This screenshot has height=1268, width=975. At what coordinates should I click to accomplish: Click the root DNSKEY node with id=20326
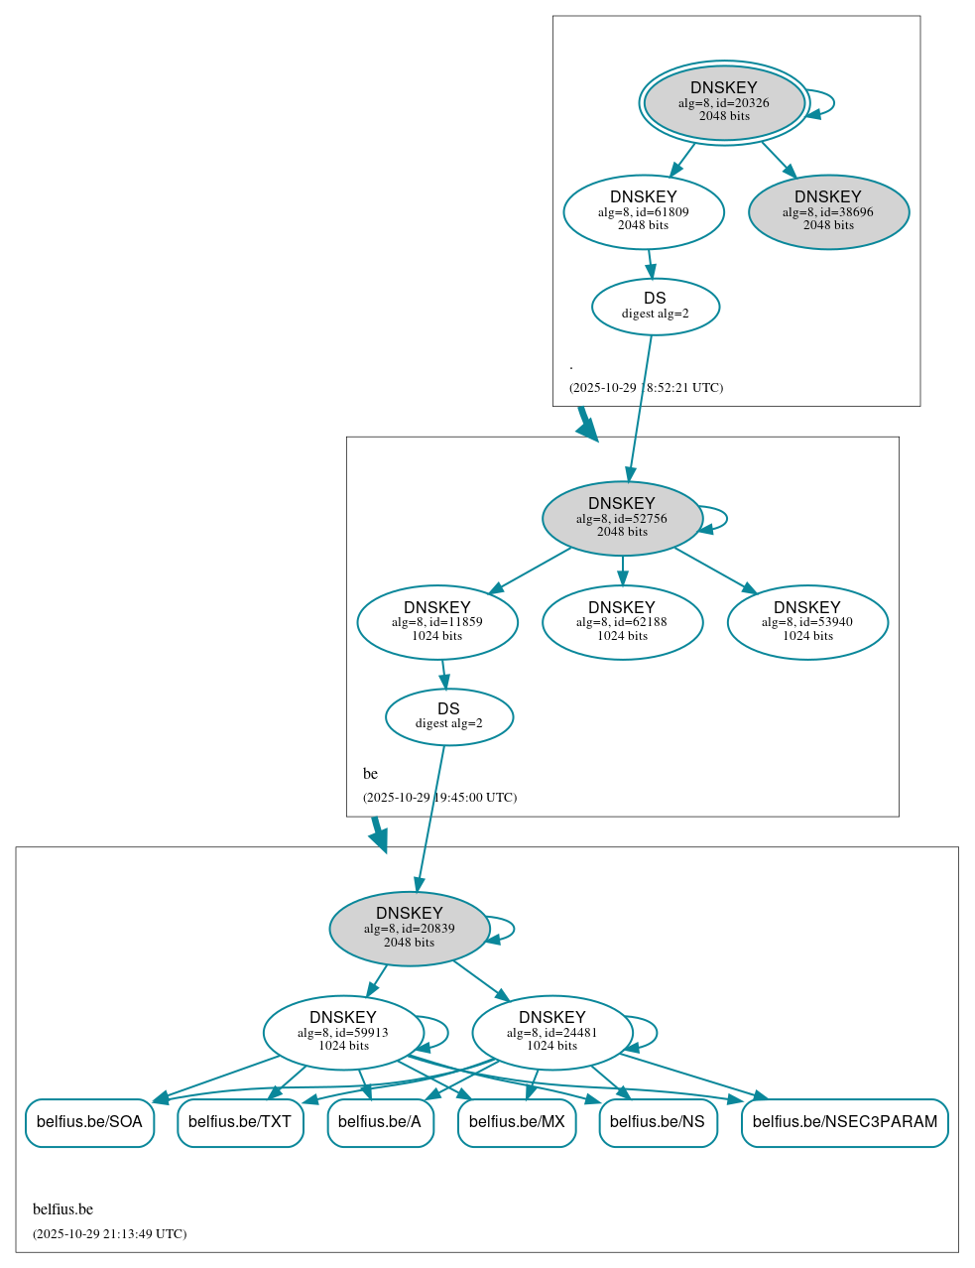point(724,102)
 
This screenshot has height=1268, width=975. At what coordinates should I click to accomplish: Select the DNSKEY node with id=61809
point(644,211)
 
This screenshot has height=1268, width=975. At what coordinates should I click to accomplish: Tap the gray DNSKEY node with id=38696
point(828,211)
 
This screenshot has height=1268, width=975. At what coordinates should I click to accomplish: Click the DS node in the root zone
point(655,307)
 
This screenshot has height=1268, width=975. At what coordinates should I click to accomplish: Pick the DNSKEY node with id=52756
point(622,518)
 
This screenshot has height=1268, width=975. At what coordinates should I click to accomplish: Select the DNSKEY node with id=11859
point(437,622)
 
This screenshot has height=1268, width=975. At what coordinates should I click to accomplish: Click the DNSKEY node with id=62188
point(622,622)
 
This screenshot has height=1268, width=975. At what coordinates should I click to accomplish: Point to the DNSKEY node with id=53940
point(807,622)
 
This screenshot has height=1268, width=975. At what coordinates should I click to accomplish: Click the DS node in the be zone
point(448,716)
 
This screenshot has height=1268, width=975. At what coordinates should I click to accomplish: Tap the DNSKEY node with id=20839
point(409,929)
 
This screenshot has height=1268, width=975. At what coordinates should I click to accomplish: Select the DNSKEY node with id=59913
point(343,1033)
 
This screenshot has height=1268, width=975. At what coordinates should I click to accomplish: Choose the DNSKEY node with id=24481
point(551,1033)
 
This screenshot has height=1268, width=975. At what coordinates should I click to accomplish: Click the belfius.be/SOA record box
point(89,1122)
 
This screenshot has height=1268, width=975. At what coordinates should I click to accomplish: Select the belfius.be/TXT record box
point(240,1122)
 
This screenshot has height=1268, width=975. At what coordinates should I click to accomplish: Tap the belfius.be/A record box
point(380,1122)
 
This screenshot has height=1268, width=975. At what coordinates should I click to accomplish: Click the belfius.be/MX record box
point(517,1122)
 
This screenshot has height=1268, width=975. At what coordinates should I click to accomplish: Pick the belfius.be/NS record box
point(658,1122)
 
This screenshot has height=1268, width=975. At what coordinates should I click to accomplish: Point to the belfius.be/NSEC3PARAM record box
point(844,1122)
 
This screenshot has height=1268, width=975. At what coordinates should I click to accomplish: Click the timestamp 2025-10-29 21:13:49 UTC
point(109,1234)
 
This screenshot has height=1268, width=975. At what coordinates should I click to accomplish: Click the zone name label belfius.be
point(62,1209)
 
